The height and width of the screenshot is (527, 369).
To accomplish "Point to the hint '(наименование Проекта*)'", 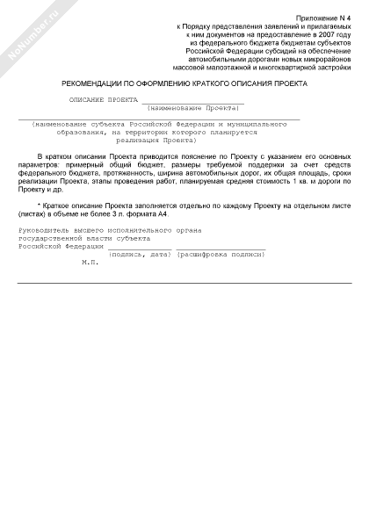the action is point(194,107).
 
